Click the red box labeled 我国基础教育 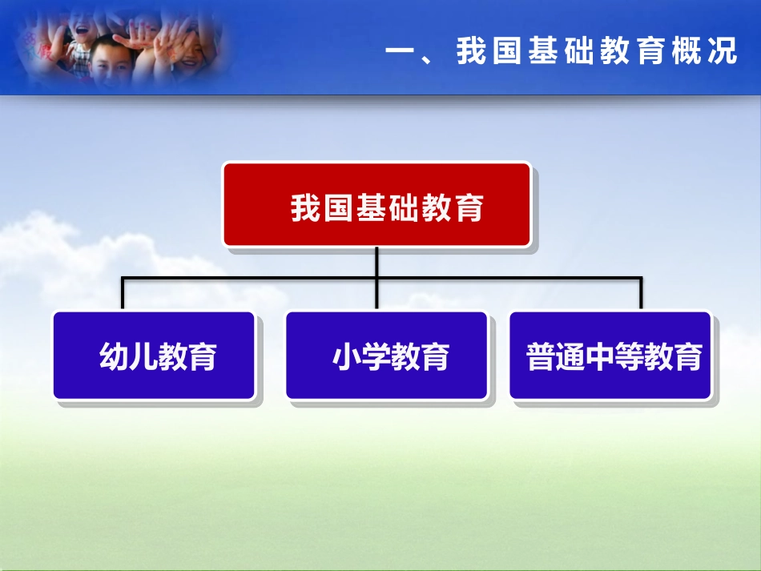click(376, 204)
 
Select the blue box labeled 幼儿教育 click(154, 356)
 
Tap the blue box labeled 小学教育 click(386, 356)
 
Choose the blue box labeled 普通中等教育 click(610, 356)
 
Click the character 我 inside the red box click(305, 207)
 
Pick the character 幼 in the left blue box click(114, 356)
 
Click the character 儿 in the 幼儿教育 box click(143, 356)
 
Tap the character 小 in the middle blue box click(346, 356)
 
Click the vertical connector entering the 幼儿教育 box click(123, 295)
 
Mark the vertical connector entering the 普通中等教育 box click(641, 295)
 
